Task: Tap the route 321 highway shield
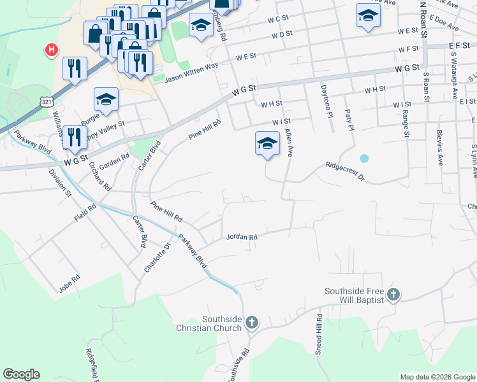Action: [45, 102]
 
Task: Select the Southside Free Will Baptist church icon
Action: [393, 294]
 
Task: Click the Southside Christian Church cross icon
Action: [251, 322]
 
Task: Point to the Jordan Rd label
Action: [242, 237]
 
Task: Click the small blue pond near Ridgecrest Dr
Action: [364, 158]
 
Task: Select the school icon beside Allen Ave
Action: [267, 143]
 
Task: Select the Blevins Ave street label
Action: [439, 147]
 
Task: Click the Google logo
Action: [21, 374]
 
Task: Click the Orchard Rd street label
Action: [100, 176]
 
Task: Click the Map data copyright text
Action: [437, 377]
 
